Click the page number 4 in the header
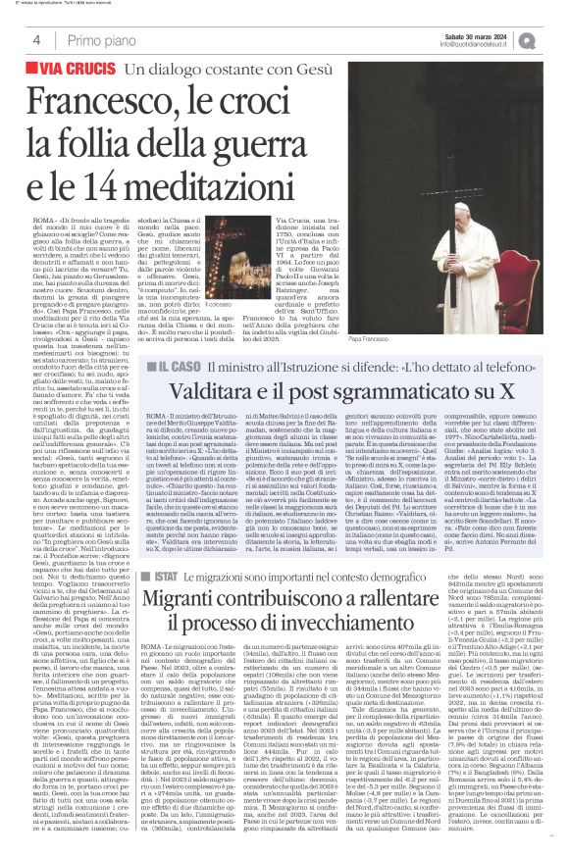[36, 39]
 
